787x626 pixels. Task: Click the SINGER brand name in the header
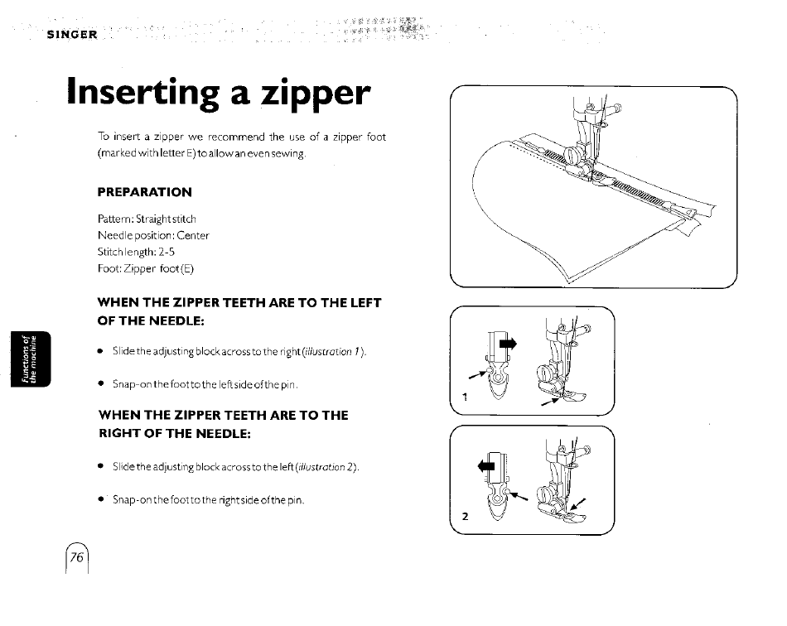click(x=72, y=35)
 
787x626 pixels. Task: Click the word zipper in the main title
click(x=316, y=94)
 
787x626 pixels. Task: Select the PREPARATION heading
click(x=144, y=192)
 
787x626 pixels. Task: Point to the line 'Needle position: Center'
click(x=153, y=235)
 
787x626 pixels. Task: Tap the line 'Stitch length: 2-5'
click(x=136, y=252)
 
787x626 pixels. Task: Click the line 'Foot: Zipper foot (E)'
click(x=146, y=269)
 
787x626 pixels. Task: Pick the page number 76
click(x=77, y=557)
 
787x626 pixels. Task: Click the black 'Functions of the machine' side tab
click(x=31, y=359)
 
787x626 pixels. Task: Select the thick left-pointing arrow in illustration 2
click(x=486, y=466)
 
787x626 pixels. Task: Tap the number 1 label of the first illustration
click(x=465, y=397)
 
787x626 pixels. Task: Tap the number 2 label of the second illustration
click(x=466, y=516)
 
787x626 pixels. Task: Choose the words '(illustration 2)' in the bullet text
click(x=327, y=467)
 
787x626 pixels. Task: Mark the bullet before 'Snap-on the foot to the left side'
click(x=101, y=384)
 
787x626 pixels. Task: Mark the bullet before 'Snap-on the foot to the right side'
click(x=101, y=499)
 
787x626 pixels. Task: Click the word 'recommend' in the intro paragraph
click(x=236, y=137)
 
